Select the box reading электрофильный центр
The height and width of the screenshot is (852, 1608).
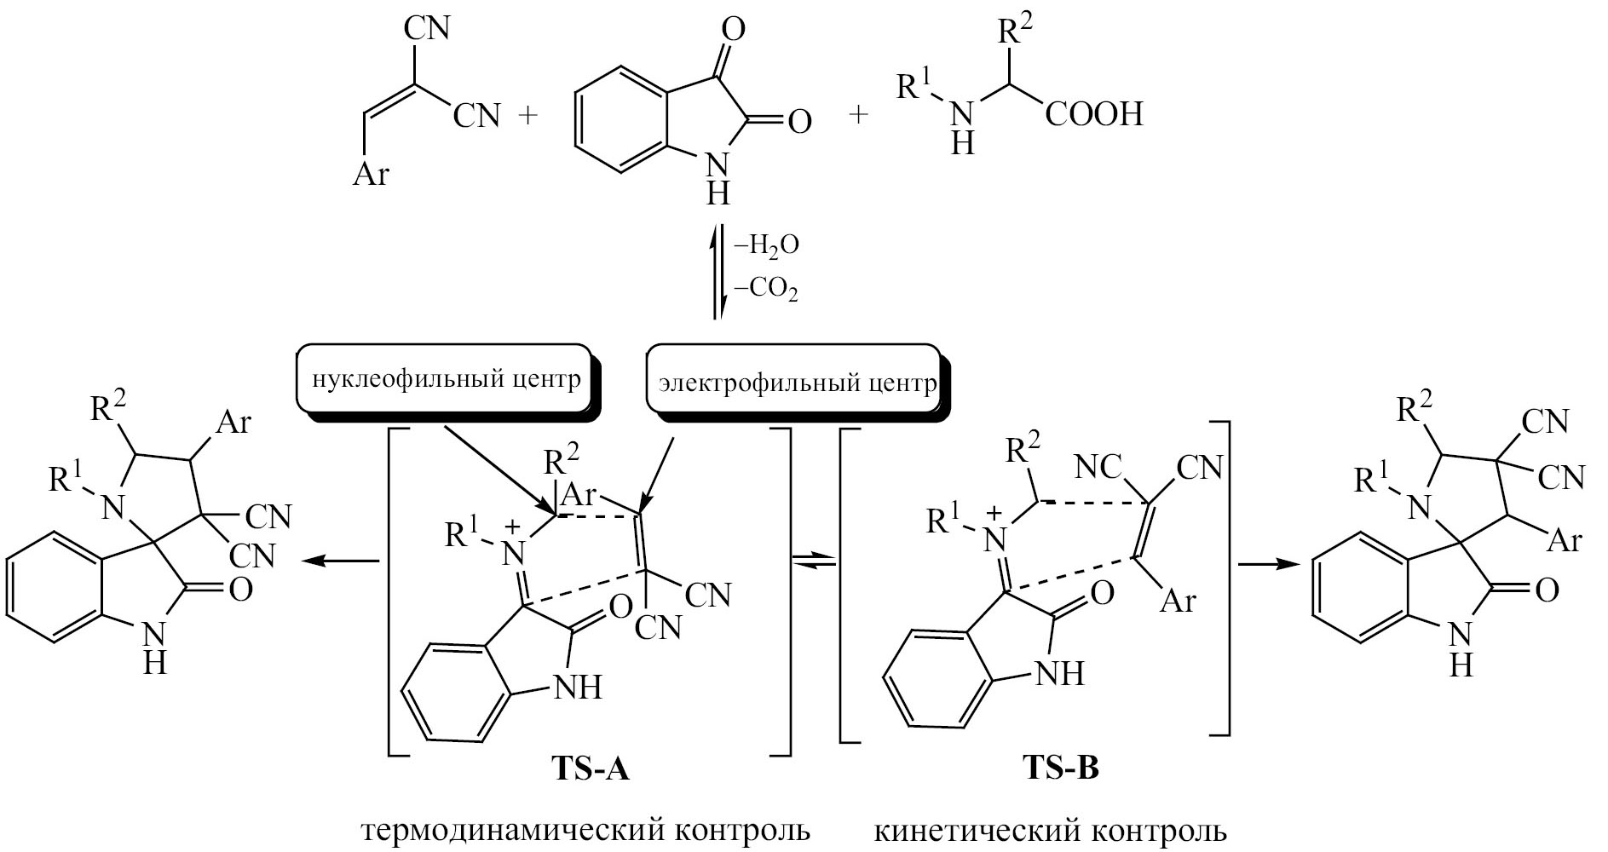pos(796,383)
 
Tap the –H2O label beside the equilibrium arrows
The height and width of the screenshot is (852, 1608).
pos(766,246)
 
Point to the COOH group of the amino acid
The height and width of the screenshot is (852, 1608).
pos(1094,114)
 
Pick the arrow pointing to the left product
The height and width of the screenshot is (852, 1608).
pos(341,560)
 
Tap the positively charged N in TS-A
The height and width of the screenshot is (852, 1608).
pos(513,551)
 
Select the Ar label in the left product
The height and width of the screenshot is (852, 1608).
pos(233,422)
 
